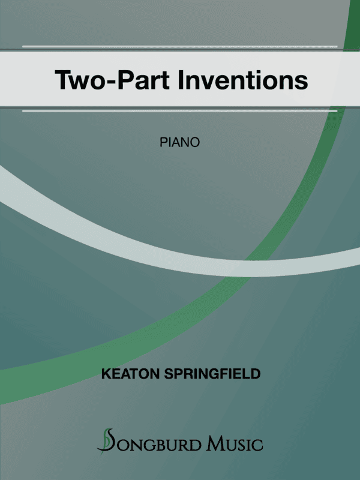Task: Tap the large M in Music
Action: tap(215, 445)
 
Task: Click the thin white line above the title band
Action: tap(180, 46)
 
